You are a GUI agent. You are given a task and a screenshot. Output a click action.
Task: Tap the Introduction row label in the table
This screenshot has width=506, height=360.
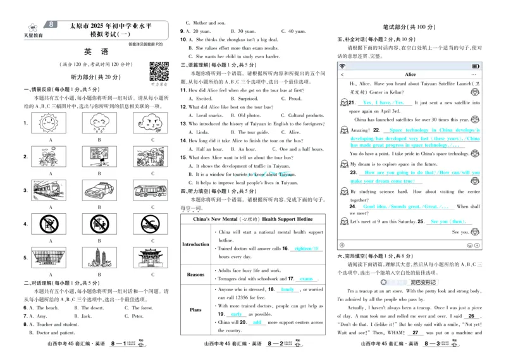point(195,244)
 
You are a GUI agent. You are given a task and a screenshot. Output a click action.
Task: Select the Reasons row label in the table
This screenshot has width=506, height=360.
point(195,274)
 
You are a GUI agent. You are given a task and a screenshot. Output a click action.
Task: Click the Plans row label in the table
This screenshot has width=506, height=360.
point(195,310)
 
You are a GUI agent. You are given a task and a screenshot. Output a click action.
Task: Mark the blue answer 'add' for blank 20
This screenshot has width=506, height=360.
point(256,322)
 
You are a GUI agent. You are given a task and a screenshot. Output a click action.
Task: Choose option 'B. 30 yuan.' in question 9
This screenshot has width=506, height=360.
point(242,31)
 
